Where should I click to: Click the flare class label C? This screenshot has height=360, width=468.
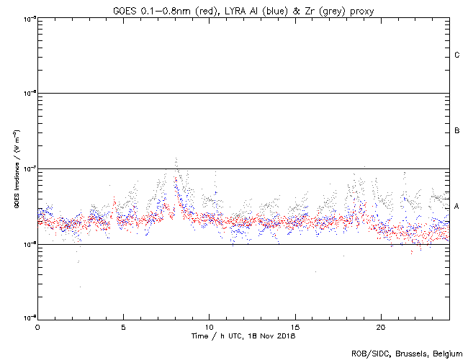(457, 55)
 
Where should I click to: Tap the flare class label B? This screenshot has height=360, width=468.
(457, 131)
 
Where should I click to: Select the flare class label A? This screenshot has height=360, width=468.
(457, 207)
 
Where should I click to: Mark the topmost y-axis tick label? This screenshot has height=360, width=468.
(27, 18)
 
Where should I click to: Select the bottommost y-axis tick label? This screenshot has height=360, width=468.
(27, 319)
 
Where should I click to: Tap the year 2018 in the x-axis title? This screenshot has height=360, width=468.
(286, 336)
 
